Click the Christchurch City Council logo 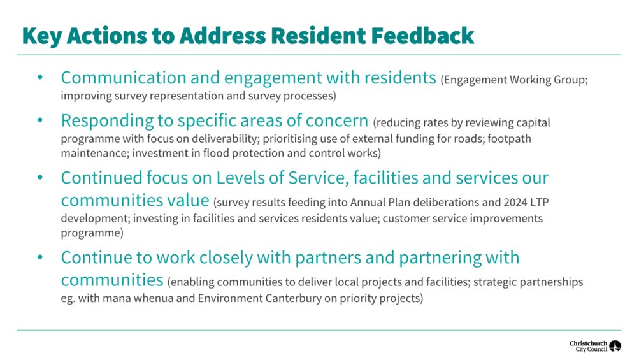pos(595,346)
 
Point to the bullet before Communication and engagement pos(40,78)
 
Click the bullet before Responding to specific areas pos(40,120)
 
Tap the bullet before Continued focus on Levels pos(40,177)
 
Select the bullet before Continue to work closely pos(40,257)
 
